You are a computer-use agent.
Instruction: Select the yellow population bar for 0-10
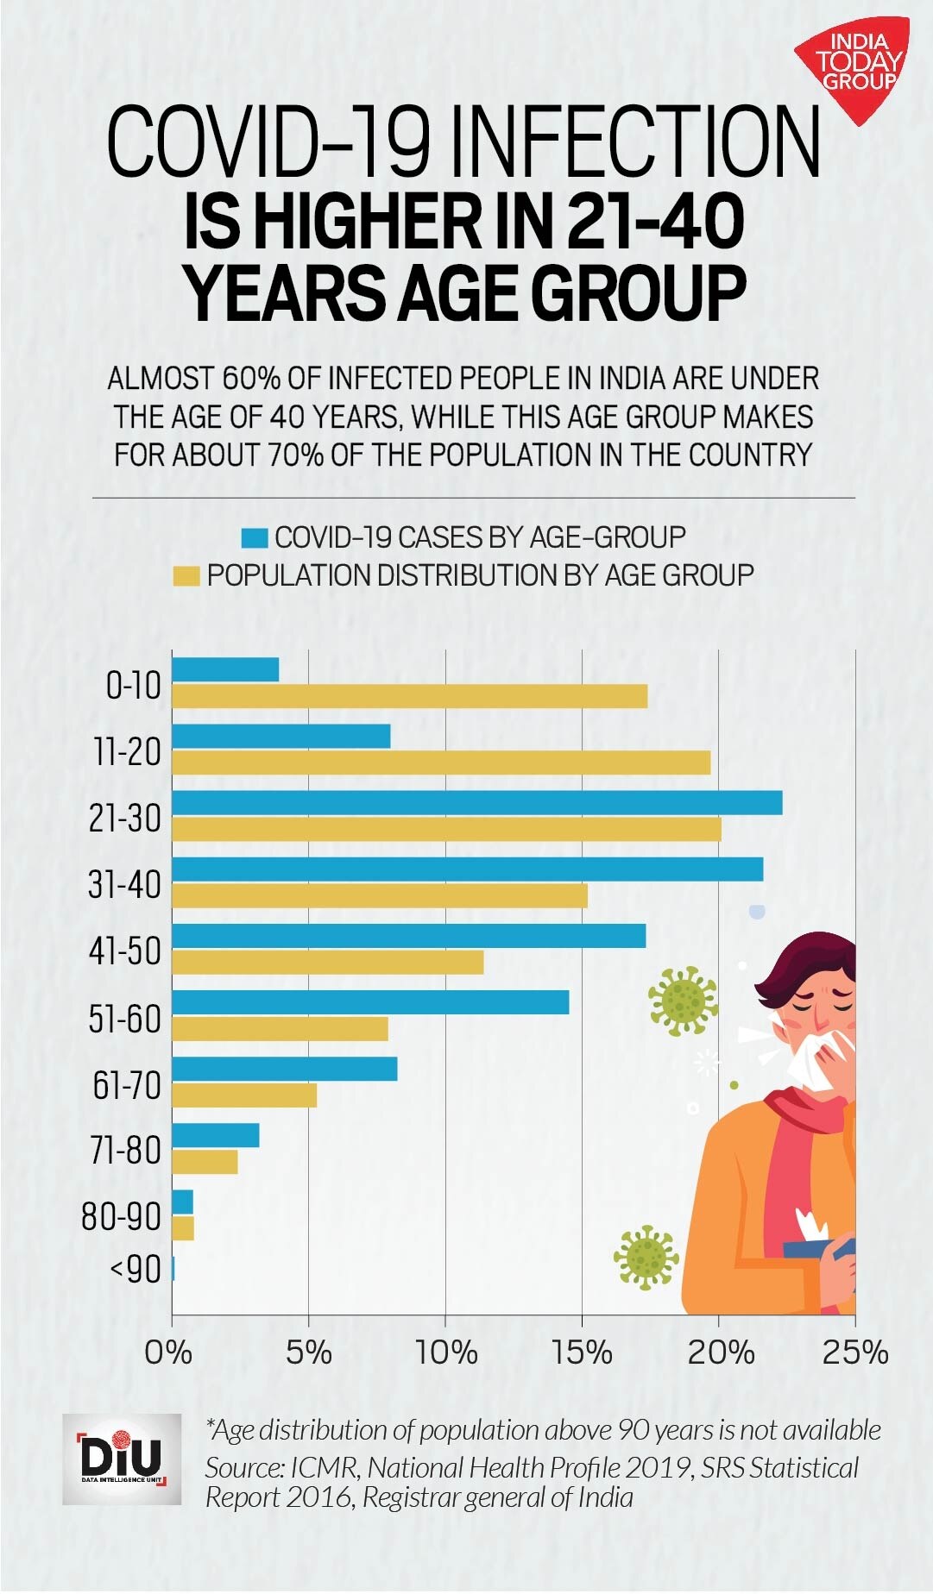(x=409, y=696)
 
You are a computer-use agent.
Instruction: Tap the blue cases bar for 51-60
(x=370, y=1001)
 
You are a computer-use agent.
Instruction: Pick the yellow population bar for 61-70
(x=244, y=1095)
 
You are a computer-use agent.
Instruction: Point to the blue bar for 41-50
(x=408, y=935)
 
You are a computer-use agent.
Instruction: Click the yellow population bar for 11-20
(x=440, y=762)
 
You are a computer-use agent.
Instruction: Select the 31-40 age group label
(x=125, y=884)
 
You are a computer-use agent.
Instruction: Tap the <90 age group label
(x=136, y=1270)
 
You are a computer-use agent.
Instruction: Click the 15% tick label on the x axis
(x=582, y=1352)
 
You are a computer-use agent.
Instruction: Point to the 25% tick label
(x=854, y=1352)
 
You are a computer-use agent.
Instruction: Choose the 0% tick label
(x=168, y=1352)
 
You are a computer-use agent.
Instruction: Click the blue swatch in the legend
(x=255, y=538)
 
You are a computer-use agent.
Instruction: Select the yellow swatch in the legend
(x=186, y=575)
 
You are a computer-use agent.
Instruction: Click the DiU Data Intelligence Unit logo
(x=122, y=1459)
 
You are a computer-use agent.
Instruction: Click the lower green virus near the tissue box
(x=646, y=1257)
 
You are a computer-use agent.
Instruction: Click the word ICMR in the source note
(x=324, y=1467)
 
